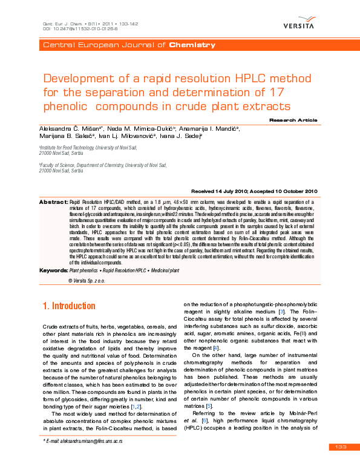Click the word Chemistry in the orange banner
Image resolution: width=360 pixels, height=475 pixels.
192,45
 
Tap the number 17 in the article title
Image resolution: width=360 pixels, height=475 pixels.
277,93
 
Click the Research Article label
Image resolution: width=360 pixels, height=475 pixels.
293,120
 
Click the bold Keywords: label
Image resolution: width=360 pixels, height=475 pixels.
54,269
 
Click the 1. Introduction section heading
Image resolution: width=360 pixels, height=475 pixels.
68,306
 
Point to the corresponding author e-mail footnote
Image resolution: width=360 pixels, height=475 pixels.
82,441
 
